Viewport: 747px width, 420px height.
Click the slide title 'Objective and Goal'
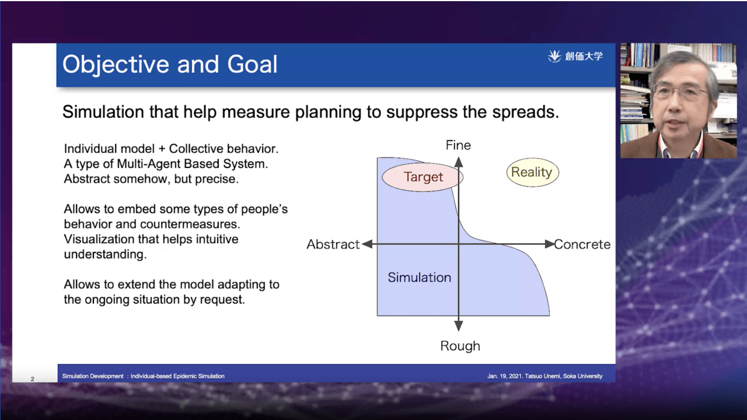(170, 64)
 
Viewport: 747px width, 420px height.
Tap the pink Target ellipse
(423, 177)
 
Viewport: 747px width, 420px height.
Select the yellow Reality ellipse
(533, 172)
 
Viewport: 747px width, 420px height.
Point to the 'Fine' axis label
(458, 145)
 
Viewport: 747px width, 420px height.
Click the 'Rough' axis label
(460, 346)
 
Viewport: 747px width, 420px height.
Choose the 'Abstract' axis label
(333, 244)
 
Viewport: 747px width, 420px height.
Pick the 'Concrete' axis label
(582, 244)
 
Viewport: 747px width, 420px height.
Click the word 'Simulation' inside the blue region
(419, 277)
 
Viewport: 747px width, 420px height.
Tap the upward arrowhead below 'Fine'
(459, 162)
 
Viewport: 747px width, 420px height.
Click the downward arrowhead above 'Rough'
(459, 326)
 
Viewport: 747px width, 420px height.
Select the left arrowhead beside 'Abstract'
(367, 244)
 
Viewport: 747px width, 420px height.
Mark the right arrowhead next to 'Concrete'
(550, 244)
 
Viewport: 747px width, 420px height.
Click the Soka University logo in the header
(575, 57)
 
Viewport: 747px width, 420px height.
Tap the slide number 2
(32, 379)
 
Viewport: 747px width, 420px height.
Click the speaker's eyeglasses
(680, 90)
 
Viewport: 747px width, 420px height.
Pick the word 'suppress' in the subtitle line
(422, 113)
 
